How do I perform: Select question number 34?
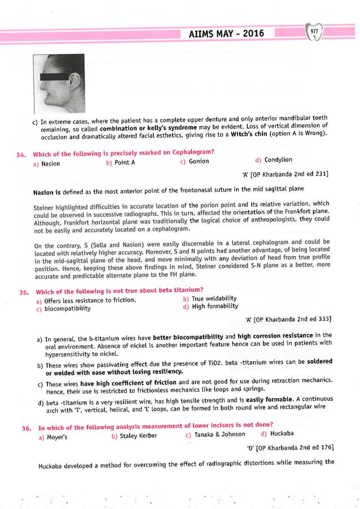(x=23, y=153)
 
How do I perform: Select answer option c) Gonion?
(x=194, y=161)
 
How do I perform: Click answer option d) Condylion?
(x=274, y=160)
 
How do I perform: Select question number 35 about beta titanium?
(x=23, y=292)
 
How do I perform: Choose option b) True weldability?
(x=210, y=298)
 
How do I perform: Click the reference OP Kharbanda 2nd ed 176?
(x=290, y=448)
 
